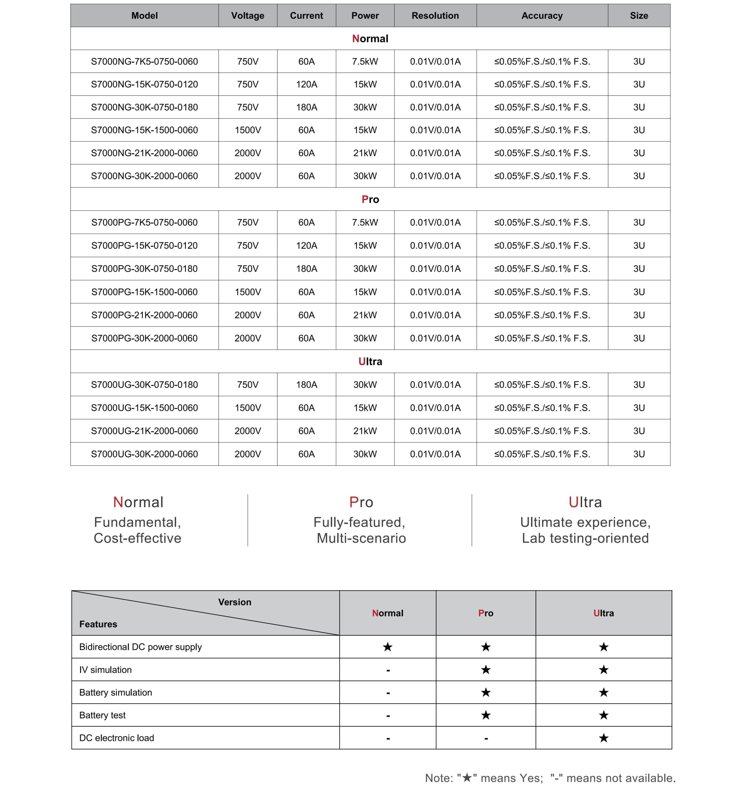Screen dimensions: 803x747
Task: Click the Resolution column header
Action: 435,16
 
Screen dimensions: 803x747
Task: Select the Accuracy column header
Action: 542,16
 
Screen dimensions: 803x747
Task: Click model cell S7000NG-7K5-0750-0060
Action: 144,61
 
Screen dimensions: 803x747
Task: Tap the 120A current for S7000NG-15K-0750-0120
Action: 306,84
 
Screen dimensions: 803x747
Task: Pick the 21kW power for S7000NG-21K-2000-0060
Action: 365,153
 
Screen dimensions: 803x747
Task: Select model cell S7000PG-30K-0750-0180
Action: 144,269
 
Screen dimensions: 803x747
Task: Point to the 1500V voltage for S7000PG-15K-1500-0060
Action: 248,292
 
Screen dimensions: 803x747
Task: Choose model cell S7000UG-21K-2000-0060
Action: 144,431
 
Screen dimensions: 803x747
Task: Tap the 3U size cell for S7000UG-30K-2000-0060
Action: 639,454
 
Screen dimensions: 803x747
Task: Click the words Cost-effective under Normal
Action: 137,538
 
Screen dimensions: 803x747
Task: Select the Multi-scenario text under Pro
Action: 361,538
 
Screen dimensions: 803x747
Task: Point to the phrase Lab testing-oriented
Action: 585,538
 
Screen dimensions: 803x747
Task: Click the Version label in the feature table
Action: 234,602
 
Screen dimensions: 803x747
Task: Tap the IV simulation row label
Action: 105,670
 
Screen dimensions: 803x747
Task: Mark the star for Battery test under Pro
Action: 486,715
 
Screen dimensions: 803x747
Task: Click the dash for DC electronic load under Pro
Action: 486,738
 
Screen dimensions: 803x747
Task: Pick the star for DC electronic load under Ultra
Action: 604,738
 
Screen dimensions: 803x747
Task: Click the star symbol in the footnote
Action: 467,778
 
